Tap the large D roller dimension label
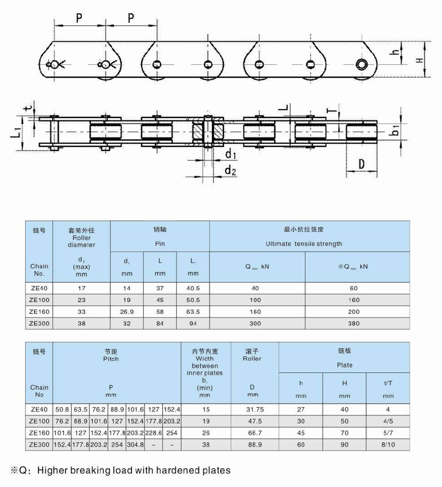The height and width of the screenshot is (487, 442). click(x=361, y=164)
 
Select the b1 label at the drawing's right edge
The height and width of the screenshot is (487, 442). click(x=395, y=131)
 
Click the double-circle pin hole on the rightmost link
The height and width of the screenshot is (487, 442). click(x=362, y=64)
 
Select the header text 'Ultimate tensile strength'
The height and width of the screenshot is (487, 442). click(x=303, y=243)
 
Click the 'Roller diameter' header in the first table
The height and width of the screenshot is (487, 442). click(x=82, y=241)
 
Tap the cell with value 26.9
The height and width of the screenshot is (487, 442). click(x=127, y=311)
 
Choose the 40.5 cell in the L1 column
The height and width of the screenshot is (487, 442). click(x=193, y=288)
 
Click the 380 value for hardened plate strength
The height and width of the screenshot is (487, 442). click(x=354, y=323)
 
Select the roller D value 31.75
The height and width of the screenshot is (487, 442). click(x=255, y=409)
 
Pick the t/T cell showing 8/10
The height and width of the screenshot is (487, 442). click(x=388, y=444)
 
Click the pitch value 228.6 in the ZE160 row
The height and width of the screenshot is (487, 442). click(x=154, y=432)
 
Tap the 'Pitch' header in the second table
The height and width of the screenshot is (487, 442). click(x=111, y=359)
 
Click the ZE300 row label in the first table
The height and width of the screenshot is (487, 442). click(x=39, y=323)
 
